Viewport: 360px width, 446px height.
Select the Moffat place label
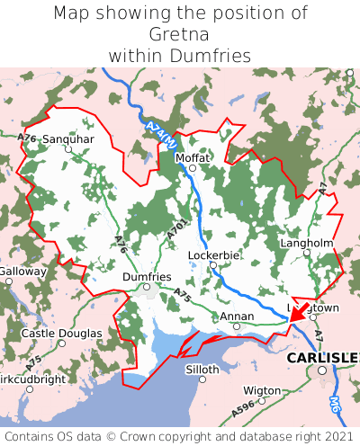[192, 157]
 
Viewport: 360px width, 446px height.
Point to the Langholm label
[307, 243]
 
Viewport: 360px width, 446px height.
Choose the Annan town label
[236, 317]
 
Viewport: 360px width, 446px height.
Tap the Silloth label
[202, 369]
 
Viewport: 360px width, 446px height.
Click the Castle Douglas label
[61, 334]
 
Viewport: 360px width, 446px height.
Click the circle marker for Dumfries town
[146, 288]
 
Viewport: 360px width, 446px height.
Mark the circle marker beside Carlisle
[321, 370]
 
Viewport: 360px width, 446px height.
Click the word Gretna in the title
[179, 34]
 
